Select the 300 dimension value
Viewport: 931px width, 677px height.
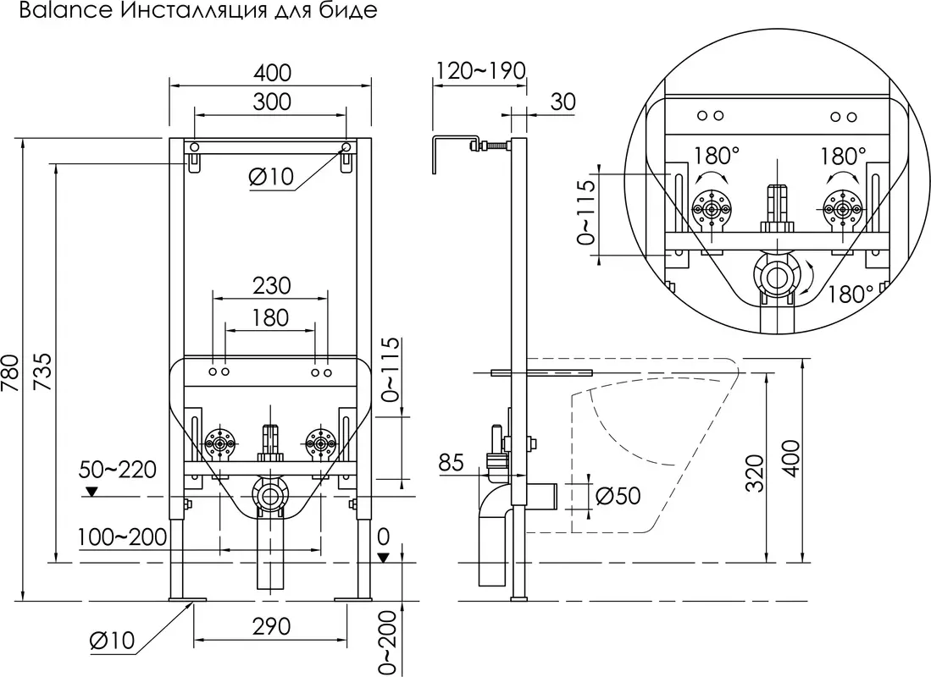271,102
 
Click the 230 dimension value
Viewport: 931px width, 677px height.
271,285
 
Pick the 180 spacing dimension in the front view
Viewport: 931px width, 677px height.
270,317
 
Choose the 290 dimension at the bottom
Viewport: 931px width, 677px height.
271,626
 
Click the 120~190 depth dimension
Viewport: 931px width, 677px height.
480,70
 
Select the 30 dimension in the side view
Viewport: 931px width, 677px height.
562,102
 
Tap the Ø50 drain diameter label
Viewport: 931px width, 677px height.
618,497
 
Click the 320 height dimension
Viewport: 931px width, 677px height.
757,470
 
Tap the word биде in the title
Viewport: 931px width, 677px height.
350,13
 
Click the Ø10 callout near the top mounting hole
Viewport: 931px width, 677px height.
270,176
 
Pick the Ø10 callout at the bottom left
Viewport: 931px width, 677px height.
112,641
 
